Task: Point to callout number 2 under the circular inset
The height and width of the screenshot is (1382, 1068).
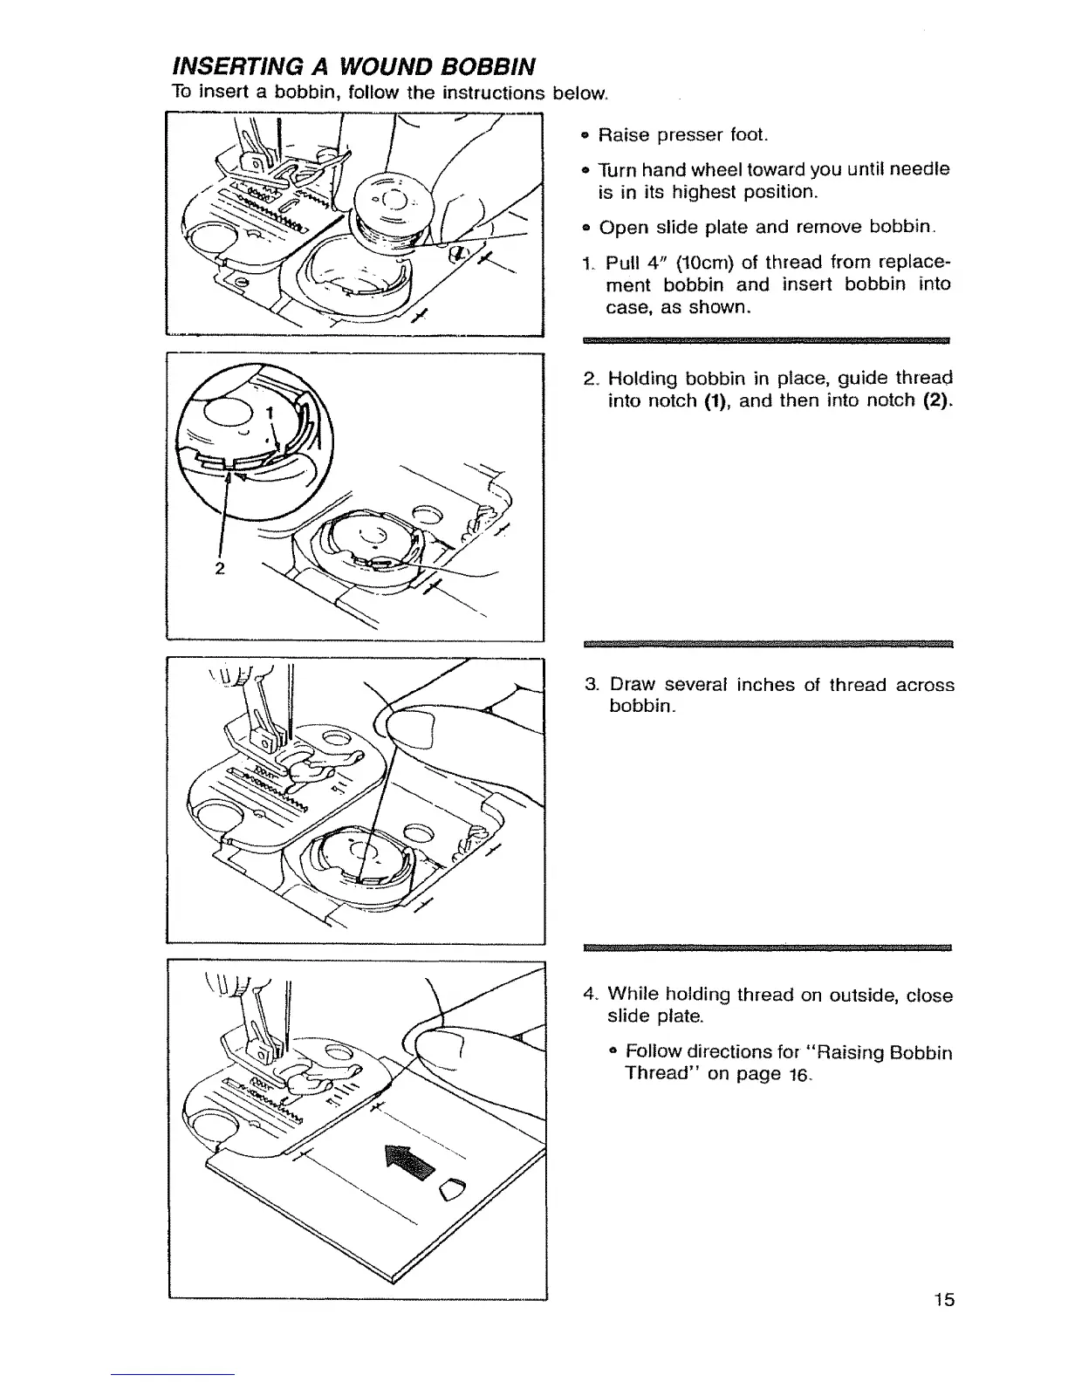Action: click(x=219, y=569)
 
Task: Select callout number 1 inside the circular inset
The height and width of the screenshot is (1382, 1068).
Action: click(x=270, y=413)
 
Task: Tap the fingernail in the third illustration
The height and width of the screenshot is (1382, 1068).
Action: click(x=410, y=728)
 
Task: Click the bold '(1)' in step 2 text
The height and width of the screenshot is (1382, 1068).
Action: click(x=717, y=402)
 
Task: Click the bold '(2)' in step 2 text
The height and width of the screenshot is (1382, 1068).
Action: click(x=934, y=402)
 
